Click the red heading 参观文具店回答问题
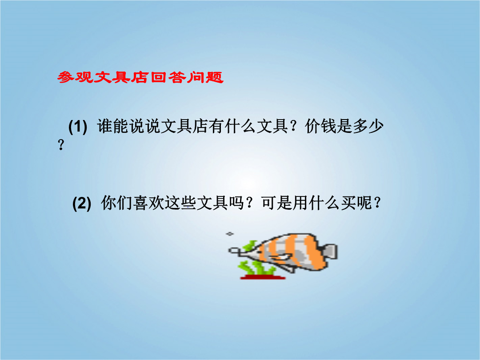[140, 77]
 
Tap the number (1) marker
[78, 126]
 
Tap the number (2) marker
[82, 203]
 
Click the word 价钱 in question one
[320, 126]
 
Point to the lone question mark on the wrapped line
[61, 144]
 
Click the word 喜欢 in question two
[149, 203]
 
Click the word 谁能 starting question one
[113, 126]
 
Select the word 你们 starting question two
[117, 203]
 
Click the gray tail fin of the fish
[330, 252]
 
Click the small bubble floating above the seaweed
[230, 234]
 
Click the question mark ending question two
[377, 203]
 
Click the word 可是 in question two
[277, 203]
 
